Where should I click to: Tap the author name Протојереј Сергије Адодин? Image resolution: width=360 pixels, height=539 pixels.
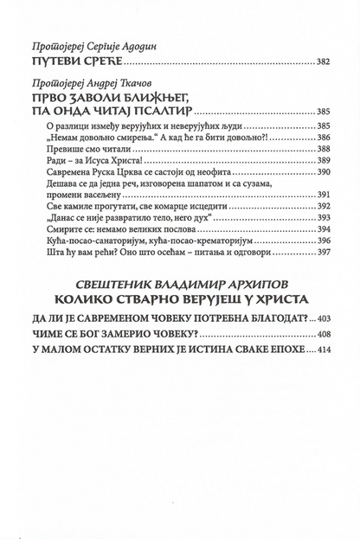[100, 46]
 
